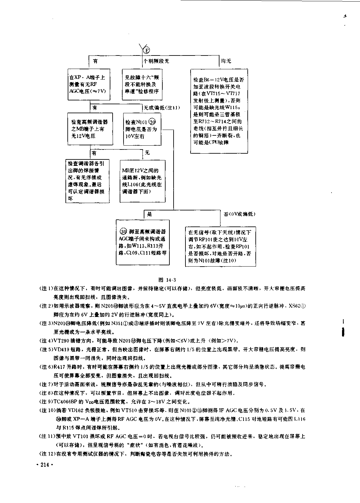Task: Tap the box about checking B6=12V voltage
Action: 219,111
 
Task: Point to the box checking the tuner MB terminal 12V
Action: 90,129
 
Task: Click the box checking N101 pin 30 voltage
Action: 142,129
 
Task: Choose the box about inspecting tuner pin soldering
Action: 87,181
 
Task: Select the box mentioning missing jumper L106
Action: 142,181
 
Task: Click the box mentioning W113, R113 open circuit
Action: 143,242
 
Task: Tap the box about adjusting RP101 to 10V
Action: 220,246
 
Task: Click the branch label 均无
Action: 226,61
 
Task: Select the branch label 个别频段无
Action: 156,61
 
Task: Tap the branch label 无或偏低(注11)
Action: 162,108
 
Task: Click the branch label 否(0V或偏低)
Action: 239,214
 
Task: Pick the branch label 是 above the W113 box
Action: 150,214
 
